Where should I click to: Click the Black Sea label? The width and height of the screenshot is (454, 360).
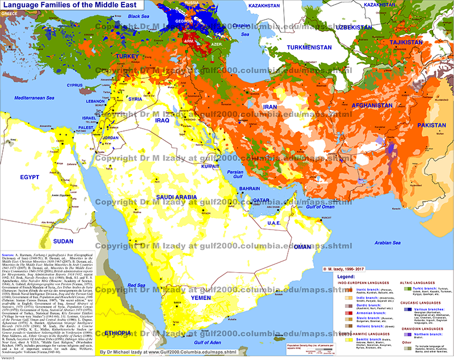(139, 16)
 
